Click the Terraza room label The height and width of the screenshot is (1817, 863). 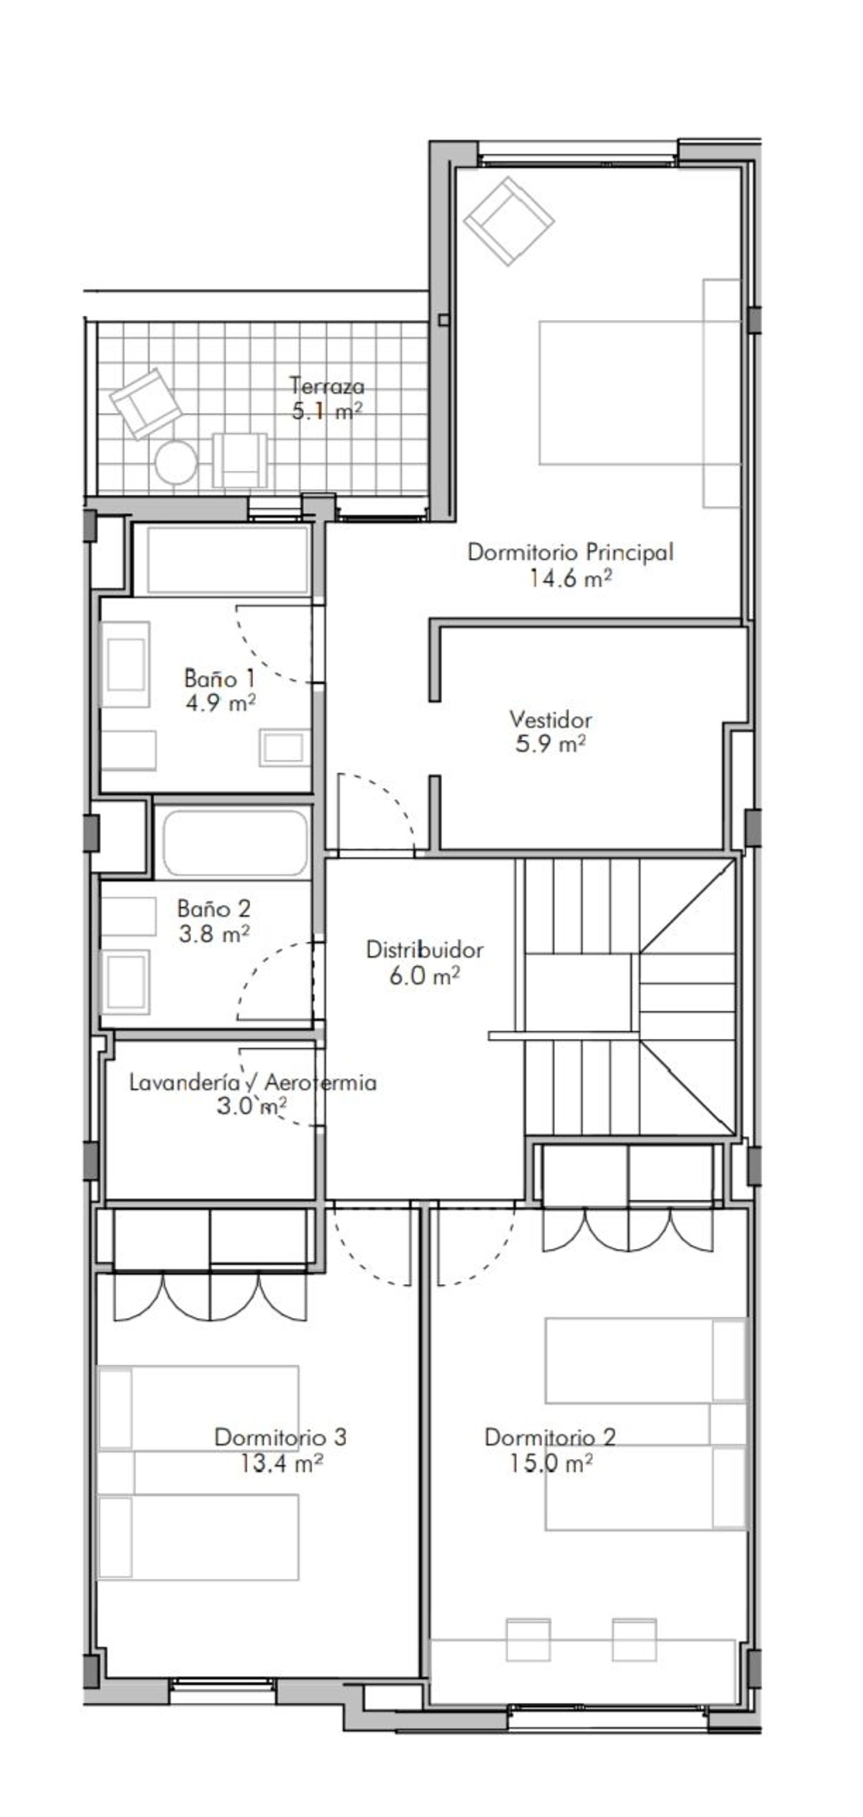point(327,386)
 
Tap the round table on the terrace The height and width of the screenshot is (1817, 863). point(175,462)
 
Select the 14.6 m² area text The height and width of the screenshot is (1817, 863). point(570,579)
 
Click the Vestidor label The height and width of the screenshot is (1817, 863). point(551,720)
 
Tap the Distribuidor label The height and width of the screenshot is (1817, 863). point(424,950)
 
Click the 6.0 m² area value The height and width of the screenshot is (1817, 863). point(424,976)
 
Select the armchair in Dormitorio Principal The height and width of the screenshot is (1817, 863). point(508,221)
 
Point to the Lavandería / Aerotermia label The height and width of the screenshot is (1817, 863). point(252,1082)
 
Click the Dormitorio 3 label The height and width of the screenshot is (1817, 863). point(280,1437)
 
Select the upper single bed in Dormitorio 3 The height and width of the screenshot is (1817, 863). point(197,1409)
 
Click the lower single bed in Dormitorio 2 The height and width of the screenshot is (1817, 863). point(644,1489)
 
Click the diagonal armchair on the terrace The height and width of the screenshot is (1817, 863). point(146,403)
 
